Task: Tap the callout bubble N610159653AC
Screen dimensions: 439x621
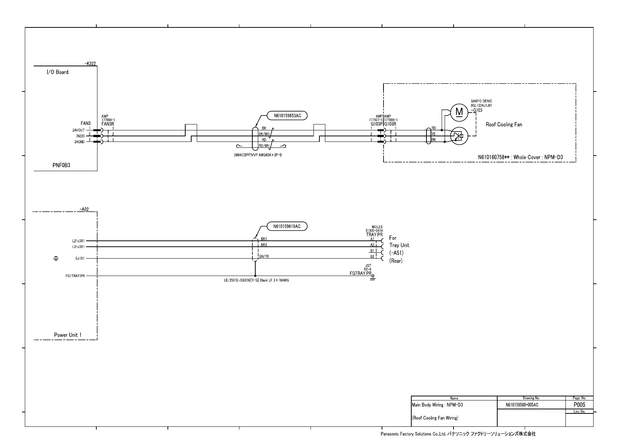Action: click(x=288, y=116)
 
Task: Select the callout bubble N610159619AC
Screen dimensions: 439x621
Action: click(x=287, y=226)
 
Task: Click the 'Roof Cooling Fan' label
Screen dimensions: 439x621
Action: click(x=504, y=124)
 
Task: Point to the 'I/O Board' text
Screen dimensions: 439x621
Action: click(x=57, y=72)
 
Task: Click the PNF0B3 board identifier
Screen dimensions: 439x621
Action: click(x=61, y=166)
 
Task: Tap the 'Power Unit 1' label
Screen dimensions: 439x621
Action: click(x=68, y=335)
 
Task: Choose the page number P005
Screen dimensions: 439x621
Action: click(x=579, y=405)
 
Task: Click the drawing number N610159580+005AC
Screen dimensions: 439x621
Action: click(x=522, y=405)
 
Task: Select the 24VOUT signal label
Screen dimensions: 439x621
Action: click(x=78, y=130)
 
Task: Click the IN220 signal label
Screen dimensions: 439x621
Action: click(x=80, y=136)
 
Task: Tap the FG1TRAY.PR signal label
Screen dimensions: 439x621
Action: click(x=75, y=276)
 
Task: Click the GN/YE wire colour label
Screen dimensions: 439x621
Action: click(x=264, y=256)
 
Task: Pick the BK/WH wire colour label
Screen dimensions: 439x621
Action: click(x=264, y=134)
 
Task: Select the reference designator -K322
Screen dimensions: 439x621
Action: click(x=90, y=64)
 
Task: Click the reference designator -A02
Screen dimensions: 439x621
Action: click(x=84, y=209)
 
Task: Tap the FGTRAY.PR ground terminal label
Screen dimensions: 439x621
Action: click(x=361, y=273)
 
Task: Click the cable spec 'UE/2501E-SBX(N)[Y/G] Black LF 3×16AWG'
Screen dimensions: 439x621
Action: click(x=254, y=280)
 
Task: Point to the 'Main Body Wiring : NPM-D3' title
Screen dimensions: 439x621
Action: click(x=437, y=405)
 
